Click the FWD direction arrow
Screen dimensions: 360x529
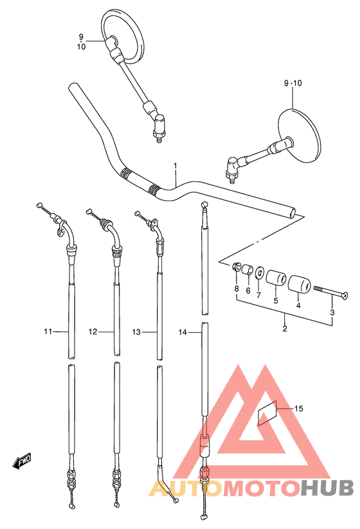(22, 460)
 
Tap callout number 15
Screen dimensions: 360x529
(298, 409)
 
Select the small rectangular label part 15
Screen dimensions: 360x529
(267, 413)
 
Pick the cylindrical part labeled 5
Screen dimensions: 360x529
(276, 278)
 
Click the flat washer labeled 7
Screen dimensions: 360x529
(259, 273)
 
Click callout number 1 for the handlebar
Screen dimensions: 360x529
(175, 166)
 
